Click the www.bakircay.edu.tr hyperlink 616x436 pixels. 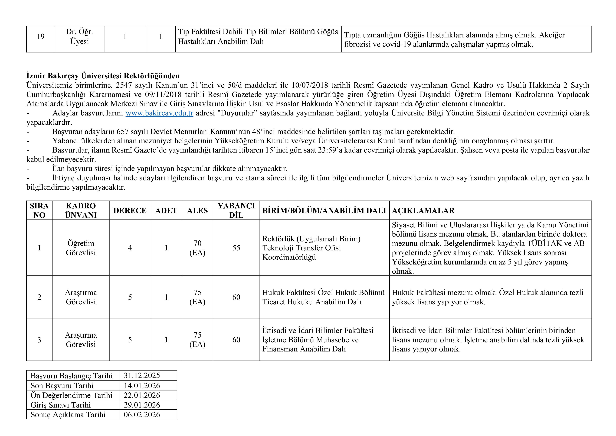click(x=159, y=113)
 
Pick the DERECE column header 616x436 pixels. click(x=130, y=211)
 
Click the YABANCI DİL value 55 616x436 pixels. click(x=236, y=248)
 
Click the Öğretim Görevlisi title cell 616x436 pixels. click(x=81, y=248)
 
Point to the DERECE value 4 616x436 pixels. click(x=130, y=248)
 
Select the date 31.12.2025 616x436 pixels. click(x=142, y=375)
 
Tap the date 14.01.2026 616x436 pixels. click(x=142, y=386)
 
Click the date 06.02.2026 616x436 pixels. click(x=142, y=415)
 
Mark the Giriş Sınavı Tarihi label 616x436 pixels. click(x=61, y=405)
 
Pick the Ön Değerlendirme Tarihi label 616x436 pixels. click(x=71, y=395)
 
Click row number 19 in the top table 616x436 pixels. click(x=41, y=37)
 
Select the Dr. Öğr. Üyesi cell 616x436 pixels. click(x=79, y=37)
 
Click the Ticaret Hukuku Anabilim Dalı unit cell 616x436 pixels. click(x=323, y=297)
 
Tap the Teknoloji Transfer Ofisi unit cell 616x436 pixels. click(x=311, y=248)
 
